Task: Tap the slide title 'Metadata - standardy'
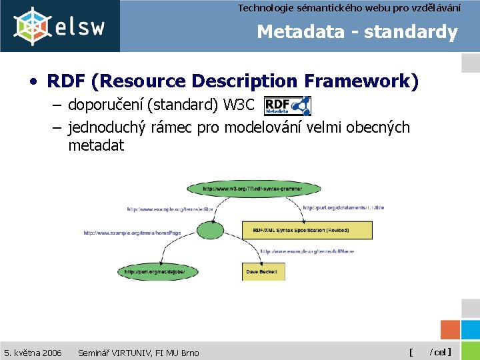click(x=357, y=32)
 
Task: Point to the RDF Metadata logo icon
click(x=287, y=105)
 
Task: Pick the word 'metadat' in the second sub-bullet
click(x=96, y=145)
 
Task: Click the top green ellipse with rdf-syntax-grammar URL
click(x=252, y=189)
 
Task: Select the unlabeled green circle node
click(x=211, y=231)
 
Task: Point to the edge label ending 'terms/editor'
click(x=170, y=209)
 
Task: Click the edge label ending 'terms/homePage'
click(x=132, y=233)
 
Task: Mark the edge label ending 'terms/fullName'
click(x=307, y=251)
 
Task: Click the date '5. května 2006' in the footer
click(x=33, y=352)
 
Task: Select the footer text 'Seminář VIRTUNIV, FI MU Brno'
click(x=138, y=352)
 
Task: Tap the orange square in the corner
click(x=451, y=331)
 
